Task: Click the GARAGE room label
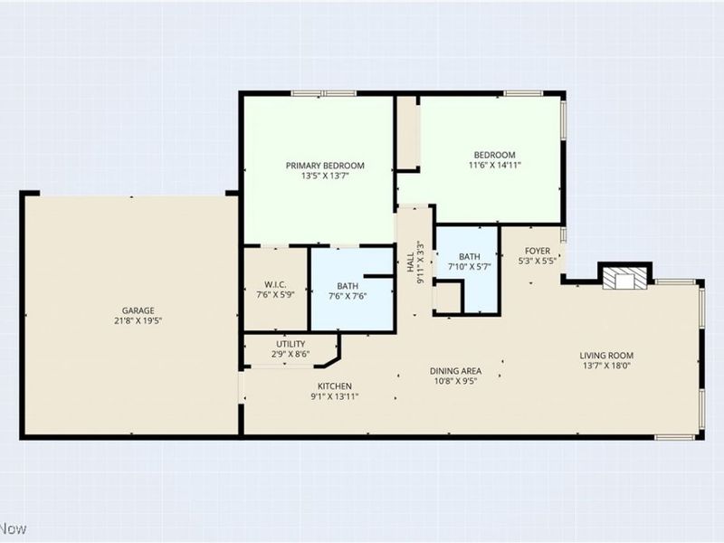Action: (132, 309)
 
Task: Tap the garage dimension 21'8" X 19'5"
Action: (132, 320)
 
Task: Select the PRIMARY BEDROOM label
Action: (325, 166)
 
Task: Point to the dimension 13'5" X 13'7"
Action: (325, 176)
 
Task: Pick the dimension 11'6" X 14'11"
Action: (494, 166)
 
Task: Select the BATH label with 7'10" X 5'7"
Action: (470, 256)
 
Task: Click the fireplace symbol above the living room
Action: (624, 279)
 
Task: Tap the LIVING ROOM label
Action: (606, 355)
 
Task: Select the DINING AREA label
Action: (455, 371)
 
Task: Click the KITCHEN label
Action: (309, 386)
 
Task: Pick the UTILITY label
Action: (291, 344)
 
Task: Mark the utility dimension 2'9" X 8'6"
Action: (291, 355)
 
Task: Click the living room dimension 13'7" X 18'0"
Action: (606, 367)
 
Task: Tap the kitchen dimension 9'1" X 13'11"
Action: (309, 397)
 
